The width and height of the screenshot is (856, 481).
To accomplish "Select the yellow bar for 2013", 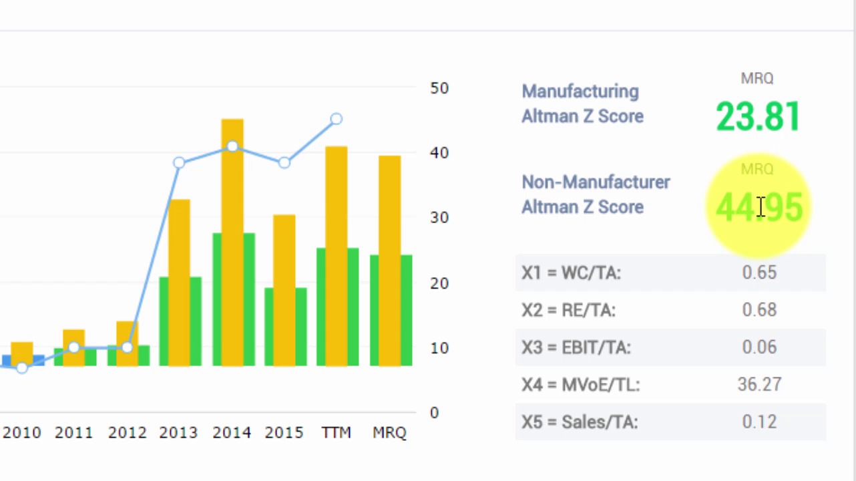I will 179,281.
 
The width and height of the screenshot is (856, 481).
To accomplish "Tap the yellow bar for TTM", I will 337,254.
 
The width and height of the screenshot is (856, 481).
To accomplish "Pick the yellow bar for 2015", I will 284,287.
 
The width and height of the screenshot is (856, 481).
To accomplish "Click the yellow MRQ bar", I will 390,261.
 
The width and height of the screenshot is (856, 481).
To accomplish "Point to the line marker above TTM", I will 337,119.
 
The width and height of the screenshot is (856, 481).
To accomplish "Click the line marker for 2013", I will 179,162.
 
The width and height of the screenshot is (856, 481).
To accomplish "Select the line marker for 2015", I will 284,162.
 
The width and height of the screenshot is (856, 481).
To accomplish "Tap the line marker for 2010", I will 22,367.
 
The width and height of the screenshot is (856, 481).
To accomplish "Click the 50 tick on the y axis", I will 439,88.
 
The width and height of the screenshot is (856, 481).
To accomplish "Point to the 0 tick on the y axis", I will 435,413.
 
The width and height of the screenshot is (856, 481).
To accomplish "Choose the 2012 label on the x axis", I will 127,433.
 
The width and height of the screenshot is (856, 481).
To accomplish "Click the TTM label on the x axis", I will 336,433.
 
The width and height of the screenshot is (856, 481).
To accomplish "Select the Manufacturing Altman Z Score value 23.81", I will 758,117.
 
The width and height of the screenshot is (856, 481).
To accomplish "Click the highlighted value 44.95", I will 759,207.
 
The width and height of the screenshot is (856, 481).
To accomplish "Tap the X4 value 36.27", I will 759,385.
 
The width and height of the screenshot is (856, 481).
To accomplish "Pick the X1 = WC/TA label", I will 571,273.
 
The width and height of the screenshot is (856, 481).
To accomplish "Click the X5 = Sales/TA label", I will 580,422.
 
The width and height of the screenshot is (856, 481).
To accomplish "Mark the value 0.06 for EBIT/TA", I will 759,347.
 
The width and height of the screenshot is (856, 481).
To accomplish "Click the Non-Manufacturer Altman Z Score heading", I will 595,194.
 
